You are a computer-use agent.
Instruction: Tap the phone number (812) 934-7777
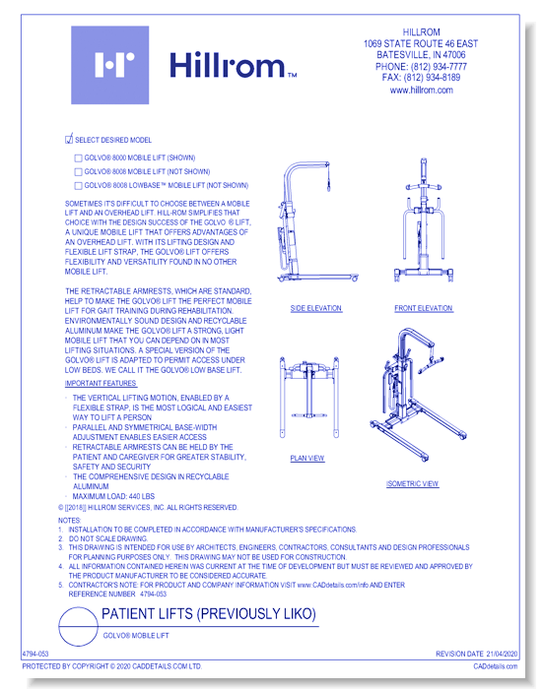coord(421,66)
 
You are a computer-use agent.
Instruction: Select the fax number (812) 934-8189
coord(421,78)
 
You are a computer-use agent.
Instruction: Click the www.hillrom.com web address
coord(421,90)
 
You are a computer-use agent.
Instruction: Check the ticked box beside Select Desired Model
coord(69,140)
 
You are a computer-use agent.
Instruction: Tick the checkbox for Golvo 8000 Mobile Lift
coord(79,157)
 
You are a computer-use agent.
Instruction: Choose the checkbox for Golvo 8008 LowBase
coord(79,185)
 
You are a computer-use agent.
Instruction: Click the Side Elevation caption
coord(316,308)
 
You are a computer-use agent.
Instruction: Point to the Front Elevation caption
coord(424,308)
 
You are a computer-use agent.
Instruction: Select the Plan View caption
coord(307,458)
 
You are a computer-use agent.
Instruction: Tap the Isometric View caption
coord(413,484)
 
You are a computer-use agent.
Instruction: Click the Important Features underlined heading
coord(102,382)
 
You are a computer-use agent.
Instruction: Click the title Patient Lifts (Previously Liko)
coord(209,615)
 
